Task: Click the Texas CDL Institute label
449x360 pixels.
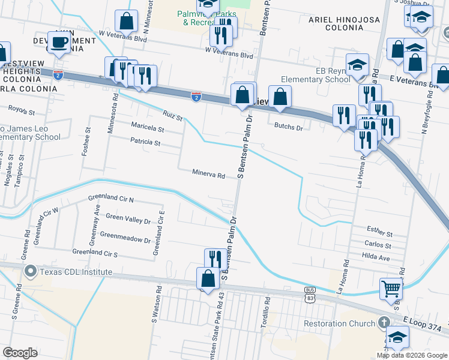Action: [x=76, y=272]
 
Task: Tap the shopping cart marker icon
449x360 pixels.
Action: [x=391, y=289]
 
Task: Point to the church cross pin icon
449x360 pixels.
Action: [x=385, y=323]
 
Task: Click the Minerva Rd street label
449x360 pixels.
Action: [x=208, y=176]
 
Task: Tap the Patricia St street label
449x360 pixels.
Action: [x=145, y=143]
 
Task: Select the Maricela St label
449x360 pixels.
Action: [x=148, y=128]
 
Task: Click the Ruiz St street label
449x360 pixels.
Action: [x=172, y=114]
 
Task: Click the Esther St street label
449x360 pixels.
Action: [x=379, y=233]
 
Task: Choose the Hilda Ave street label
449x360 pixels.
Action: [x=376, y=257]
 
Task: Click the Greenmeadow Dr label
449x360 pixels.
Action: [x=125, y=239]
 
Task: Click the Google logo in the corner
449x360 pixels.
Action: [x=20, y=353]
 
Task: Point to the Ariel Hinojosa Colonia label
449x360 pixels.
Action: [x=345, y=24]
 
